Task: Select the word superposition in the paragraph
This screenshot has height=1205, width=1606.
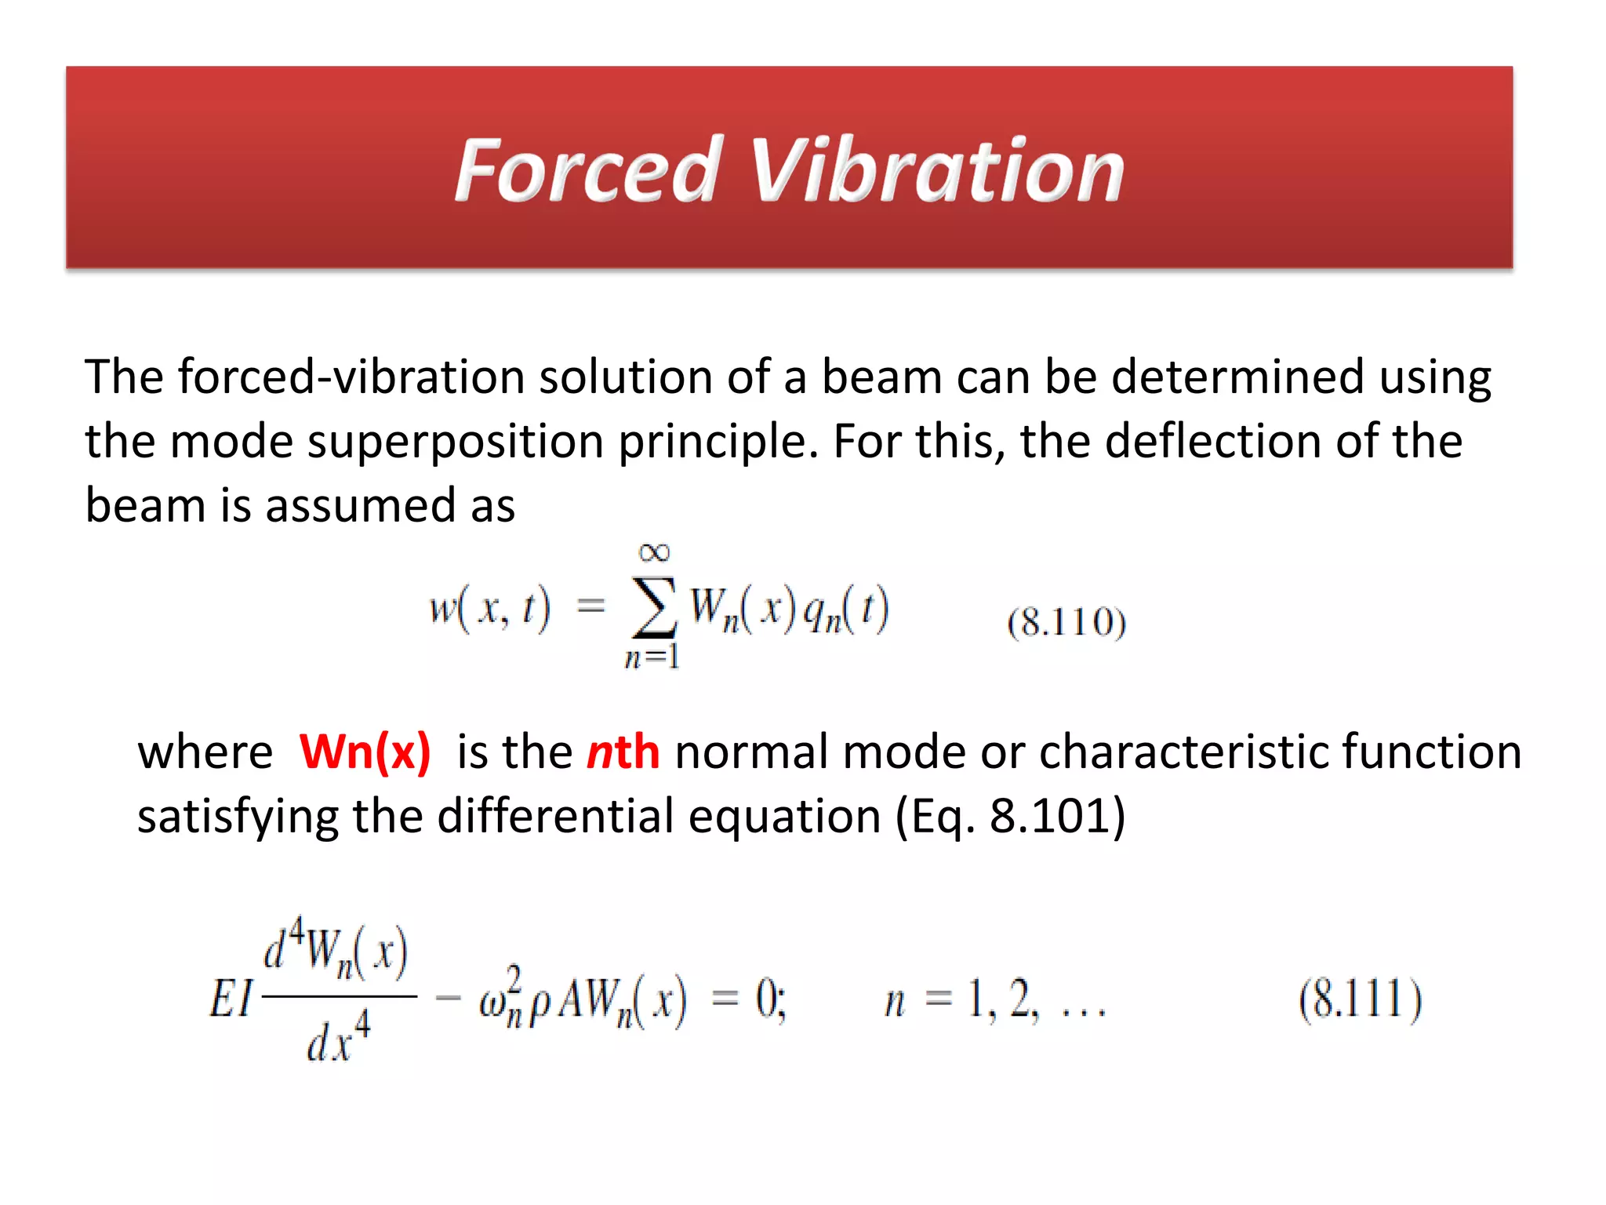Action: [x=455, y=442]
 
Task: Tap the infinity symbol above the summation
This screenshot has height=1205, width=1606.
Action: [x=654, y=552]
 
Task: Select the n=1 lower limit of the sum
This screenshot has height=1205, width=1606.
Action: [x=652, y=656]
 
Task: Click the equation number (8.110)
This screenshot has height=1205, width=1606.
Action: [x=1066, y=622]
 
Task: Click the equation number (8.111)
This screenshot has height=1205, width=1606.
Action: [x=1360, y=999]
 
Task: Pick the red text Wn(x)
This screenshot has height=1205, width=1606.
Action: [x=365, y=752]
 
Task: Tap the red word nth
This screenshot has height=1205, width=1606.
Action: [x=623, y=752]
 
